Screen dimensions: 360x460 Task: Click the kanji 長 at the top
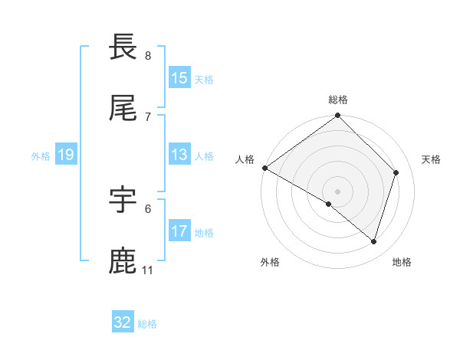(123, 48)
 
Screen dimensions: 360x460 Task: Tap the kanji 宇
(123, 201)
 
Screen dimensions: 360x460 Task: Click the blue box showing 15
(179, 78)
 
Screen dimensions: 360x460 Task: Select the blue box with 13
(179, 155)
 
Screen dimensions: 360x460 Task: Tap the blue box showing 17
(179, 231)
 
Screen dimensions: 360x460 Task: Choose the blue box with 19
(66, 155)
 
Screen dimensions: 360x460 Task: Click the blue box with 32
(123, 322)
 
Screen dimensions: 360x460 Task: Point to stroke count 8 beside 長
(148, 56)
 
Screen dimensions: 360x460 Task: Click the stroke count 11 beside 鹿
(147, 270)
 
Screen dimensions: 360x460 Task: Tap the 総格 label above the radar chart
(338, 100)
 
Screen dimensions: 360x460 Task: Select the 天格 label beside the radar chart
(431, 159)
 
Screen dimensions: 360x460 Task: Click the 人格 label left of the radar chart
(245, 159)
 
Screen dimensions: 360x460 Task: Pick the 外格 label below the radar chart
(270, 263)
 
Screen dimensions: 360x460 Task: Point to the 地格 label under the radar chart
(402, 263)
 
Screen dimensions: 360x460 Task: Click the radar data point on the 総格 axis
(338, 116)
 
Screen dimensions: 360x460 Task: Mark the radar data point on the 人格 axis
(264, 168)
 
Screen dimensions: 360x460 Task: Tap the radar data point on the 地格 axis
(373, 241)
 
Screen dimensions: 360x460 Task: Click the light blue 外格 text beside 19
(41, 155)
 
